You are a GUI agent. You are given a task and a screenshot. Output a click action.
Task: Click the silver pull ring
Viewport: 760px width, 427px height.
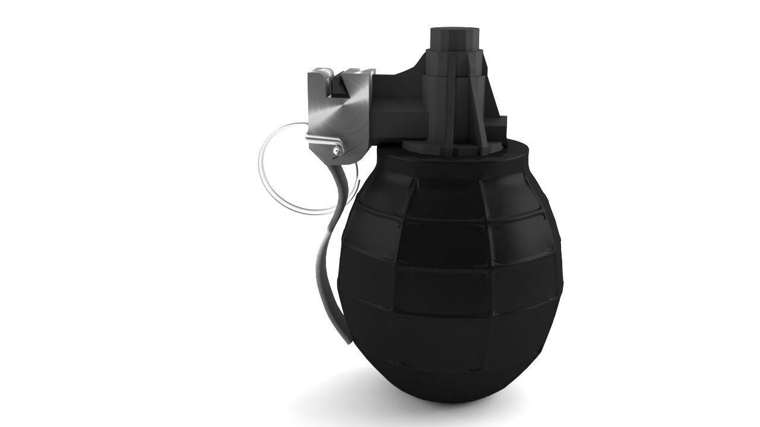click(268, 178)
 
